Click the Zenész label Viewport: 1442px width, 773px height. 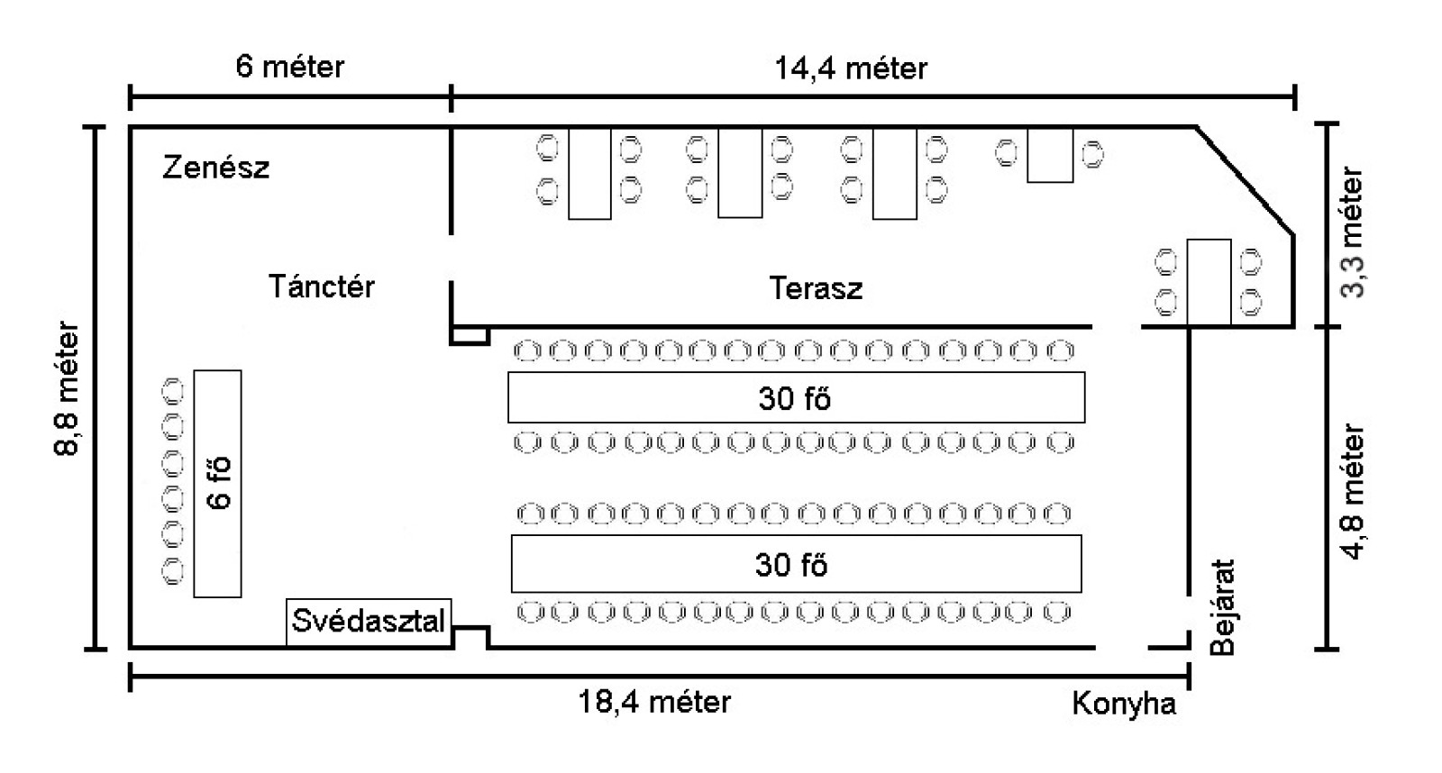[215, 168]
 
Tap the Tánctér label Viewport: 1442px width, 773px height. [321, 286]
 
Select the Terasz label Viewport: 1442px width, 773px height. [816, 288]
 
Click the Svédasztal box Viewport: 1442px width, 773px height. [369, 621]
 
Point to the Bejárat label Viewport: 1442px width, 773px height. [1222, 608]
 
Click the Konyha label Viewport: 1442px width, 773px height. [1124, 704]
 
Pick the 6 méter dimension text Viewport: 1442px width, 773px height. [289, 67]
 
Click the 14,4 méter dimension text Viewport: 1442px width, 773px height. [851, 68]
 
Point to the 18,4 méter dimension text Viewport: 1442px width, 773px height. [654, 702]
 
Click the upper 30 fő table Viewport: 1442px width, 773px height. [796, 397]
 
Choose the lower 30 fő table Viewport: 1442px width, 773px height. [796, 564]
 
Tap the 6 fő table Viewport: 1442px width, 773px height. [217, 483]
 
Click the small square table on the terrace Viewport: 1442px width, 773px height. [1050, 155]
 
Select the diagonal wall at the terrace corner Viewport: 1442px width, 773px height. [1246, 180]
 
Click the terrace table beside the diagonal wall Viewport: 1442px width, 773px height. [1209, 281]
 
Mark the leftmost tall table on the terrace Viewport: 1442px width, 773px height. [589, 173]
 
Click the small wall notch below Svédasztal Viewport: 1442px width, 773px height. [470, 638]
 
